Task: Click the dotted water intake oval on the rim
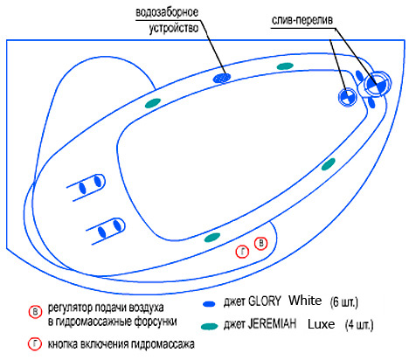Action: point(222,78)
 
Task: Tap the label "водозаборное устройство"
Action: point(167,21)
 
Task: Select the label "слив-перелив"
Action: point(302,20)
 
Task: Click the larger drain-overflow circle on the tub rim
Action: point(378,84)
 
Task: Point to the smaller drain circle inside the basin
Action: point(348,97)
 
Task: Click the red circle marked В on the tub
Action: point(261,243)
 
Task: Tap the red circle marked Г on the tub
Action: point(242,252)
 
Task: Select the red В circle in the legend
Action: point(35,312)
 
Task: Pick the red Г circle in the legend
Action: point(35,344)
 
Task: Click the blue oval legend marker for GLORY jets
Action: point(209,304)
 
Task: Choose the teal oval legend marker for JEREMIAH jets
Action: point(210,326)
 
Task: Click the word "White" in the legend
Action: point(305,301)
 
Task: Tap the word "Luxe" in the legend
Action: point(321,324)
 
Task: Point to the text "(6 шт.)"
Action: point(344,302)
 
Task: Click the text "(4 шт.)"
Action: point(359,325)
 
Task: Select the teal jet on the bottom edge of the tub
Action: point(212,238)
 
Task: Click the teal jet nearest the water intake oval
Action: point(153,103)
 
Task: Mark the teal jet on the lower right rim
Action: point(329,164)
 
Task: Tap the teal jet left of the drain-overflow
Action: point(285,66)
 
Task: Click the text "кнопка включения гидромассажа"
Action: point(121,344)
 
